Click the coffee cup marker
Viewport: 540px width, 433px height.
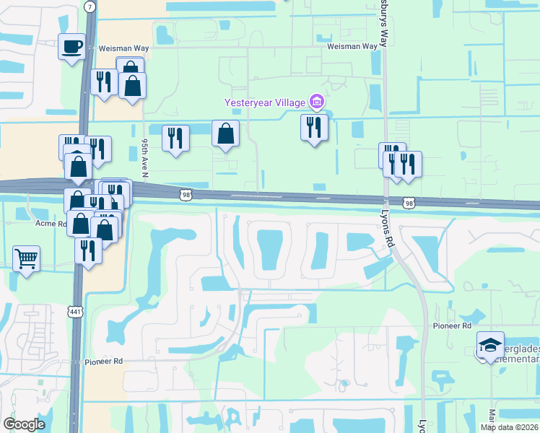click(71, 48)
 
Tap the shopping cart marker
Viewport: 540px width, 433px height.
click(26, 258)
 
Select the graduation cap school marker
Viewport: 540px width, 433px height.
click(490, 347)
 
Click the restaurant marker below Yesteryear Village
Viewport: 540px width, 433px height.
click(314, 128)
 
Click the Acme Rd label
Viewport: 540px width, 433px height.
click(51, 223)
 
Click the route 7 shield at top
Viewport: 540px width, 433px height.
click(89, 6)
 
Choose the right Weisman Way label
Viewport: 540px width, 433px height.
click(352, 46)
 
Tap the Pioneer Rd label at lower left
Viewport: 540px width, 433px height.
click(103, 362)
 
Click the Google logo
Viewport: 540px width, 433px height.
click(24, 424)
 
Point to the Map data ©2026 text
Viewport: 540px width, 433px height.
click(510, 427)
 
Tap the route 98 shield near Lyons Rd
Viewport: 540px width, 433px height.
click(409, 204)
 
